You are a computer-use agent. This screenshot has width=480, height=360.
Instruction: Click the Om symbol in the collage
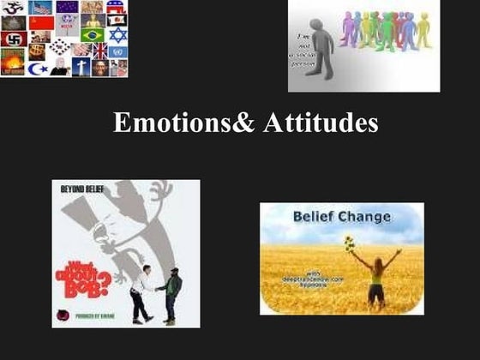[x=13, y=7]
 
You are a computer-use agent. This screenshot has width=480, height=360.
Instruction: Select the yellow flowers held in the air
[x=349, y=243]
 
